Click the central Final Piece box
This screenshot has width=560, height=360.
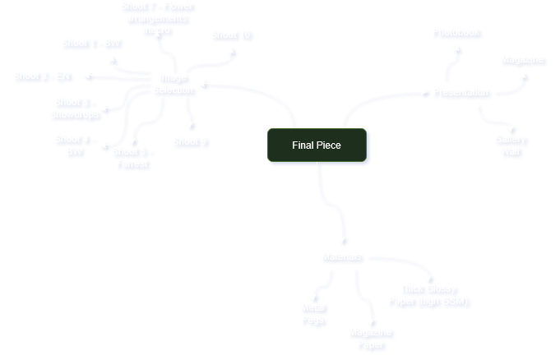coord(317,145)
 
